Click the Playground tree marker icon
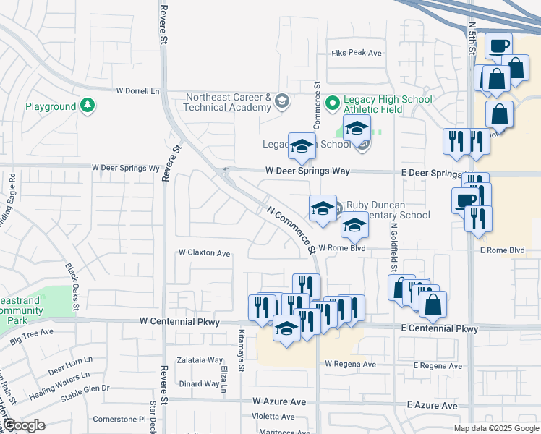point(88,106)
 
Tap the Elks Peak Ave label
point(356,53)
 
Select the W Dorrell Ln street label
point(137,91)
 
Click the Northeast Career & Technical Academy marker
point(281,102)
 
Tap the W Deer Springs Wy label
point(125,168)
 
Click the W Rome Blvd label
point(341,248)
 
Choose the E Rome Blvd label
point(501,250)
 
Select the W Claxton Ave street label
point(205,254)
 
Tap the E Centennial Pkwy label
point(439,329)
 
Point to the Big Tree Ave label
point(32,333)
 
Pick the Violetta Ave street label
point(273,417)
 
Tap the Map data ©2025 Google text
point(495,428)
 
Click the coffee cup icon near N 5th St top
point(498,46)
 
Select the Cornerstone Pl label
point(119,419)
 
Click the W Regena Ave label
point(351,364)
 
